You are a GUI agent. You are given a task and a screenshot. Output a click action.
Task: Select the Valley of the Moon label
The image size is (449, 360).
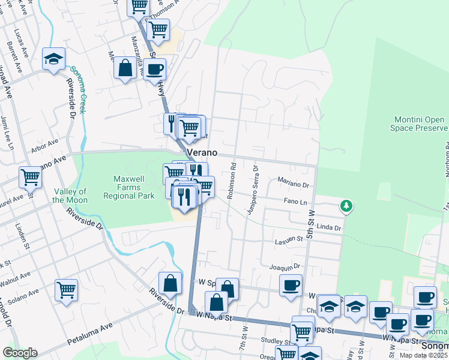(70, 196)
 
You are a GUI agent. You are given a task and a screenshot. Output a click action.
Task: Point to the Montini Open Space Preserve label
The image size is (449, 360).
(420, 124)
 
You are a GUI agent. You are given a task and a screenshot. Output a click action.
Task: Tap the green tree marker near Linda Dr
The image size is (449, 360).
(346, 206)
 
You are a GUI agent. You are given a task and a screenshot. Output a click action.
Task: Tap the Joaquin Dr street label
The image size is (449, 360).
(285, 266)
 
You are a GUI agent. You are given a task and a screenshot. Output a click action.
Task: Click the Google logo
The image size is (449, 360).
(20, 352)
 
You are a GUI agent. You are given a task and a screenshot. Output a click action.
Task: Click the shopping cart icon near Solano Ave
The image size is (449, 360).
(66, 289)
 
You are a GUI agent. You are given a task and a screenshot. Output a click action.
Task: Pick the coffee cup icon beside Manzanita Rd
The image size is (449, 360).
(154, 68)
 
